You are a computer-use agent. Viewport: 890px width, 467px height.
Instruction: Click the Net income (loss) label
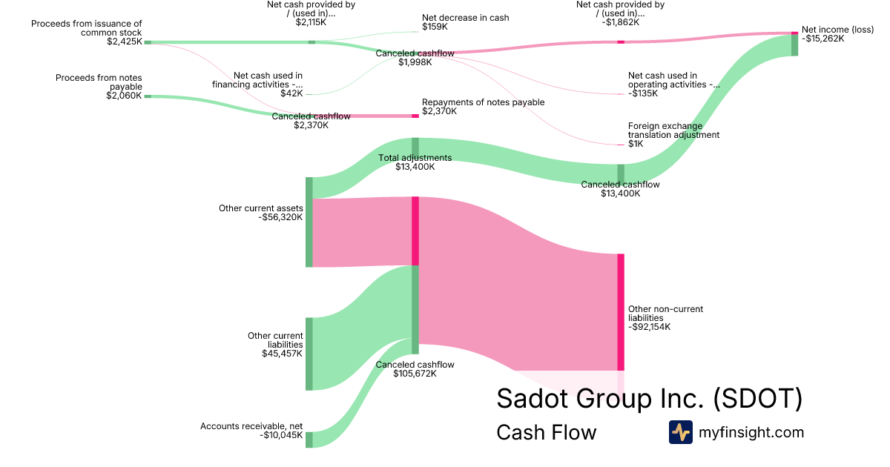[838, 30]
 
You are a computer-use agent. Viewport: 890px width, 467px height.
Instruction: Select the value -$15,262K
[823, 39]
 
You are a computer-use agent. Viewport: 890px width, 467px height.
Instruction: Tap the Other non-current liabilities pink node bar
[621, 311]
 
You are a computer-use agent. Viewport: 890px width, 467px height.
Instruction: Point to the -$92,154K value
[650, 327]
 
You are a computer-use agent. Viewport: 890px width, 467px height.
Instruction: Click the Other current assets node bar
[309, 222]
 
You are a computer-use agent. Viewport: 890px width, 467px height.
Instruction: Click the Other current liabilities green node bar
[309, 354]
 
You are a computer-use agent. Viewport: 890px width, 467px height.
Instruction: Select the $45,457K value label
[283, 354]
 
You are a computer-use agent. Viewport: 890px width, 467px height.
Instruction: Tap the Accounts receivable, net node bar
[309, 440]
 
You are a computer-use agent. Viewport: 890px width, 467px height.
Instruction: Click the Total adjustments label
[415, 158]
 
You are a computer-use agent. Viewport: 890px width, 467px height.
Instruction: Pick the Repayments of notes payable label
[483, 102]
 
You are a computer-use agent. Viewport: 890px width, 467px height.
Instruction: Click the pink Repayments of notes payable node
[415, 116]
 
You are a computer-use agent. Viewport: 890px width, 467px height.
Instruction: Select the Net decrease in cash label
[465, 18]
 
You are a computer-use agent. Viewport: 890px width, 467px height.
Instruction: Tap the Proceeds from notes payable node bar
[148, 96]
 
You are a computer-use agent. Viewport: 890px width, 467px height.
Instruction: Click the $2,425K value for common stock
[124, 42]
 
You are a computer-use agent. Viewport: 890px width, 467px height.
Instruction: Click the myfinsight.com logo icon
[680, 432]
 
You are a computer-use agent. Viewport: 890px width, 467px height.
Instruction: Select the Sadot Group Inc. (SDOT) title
[649, 399]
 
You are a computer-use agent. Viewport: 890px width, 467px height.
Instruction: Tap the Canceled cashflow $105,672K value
[415, 374]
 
